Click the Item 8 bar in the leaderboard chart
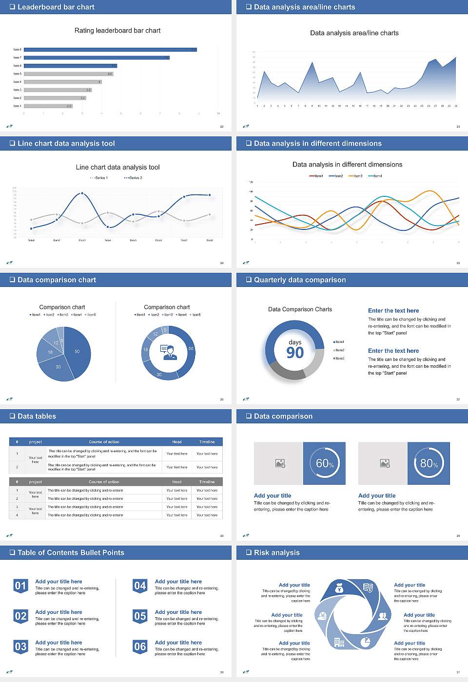click(110, 50)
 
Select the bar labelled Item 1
click(48, 106)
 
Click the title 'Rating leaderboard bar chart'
click(117, 30)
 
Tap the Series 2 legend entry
click(133, 178)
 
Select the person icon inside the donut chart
click(169, 352)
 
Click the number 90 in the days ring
click(295, 353)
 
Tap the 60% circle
click(324, 463)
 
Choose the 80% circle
click(429, 463)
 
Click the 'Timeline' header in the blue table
click(207, 442)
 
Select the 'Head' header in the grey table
click(176, 482)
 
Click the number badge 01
click(20, 586)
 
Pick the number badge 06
click(140, 647)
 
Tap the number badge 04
click(140, 586)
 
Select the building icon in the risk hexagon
click(339, 643)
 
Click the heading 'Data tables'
click(37, 416)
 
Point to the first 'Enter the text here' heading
click(393, 310)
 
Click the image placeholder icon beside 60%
click(280, 463)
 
